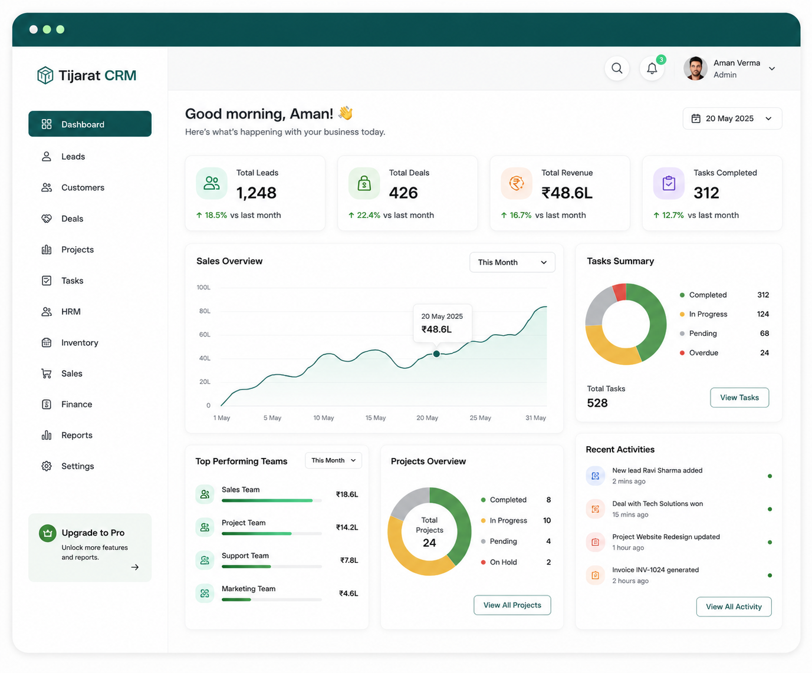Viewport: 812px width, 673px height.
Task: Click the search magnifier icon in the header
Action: coord(617,68)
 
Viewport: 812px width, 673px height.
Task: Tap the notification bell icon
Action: coord(652,68)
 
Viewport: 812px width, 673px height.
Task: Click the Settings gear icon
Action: coord(47,466)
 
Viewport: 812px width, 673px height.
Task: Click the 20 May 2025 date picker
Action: coord(732,118)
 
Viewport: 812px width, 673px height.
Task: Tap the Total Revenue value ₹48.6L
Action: coord(567,193)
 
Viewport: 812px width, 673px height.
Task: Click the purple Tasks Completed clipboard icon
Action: coord(669,183)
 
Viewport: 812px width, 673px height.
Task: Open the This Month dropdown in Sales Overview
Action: coord(512,262)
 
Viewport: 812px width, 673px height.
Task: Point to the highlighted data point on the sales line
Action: coord(436,354)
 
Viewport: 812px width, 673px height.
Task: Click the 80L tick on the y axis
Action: coord(205,311)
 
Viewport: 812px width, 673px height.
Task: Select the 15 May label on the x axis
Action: coord(375,418)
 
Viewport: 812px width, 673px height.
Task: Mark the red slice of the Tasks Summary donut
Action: coord(620,292)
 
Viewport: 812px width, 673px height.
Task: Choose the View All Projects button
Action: coord(512,605)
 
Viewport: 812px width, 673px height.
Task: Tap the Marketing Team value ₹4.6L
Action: coord(349,593)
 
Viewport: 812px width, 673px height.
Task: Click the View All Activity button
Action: coord(734,606)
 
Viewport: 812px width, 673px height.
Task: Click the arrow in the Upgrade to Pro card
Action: coord(135,568)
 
